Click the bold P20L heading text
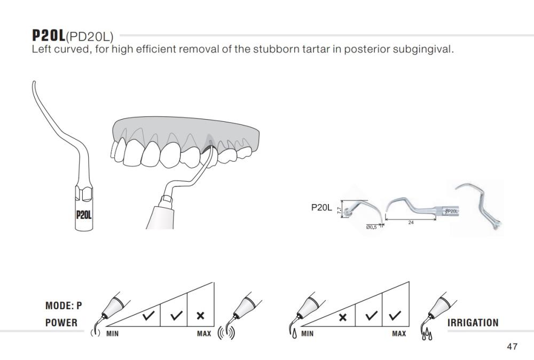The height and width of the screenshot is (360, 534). pyautogui.click(x=49, y=35)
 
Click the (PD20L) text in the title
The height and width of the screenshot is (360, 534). pyautogui.click(x=89, y=36)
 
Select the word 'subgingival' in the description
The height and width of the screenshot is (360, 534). pyautogui.click(x=422, y=49)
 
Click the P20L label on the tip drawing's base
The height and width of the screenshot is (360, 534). pyautogui.click(x=84, y=215)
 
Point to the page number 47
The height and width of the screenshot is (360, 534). pyautogui.click(x=512, y=347)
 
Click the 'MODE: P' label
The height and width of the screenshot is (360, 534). pyautogui.click(x=64, y=306)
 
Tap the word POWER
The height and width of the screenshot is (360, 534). pyautogui.click(x=61, y=323)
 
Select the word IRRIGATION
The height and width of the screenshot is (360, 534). pyautogui.click(x=473, y=323)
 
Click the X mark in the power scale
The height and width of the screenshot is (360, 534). pyautogui.click(x=201, y=316)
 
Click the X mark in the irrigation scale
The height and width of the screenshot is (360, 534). pyautogui.click(x=343, y=317)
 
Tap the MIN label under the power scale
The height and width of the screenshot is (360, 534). pyautogui.click(x=112, y=334)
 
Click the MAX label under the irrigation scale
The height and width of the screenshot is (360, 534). pyautogui.click(x=399, y=333)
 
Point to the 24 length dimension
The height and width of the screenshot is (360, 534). pyautogui.click(x=411, y=223)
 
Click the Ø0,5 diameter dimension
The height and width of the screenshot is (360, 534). pyautogui.click(x=371, y=227)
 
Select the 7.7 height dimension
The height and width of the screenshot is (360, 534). pyautogui.click(x=339, y=210)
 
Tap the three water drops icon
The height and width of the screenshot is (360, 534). pyautogui.click(x=428, y=334)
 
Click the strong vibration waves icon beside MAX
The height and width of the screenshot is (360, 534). pyautogui.click(x=226, y=333)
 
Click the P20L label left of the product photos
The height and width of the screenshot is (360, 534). pyautogui.click(x=321, y=207)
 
